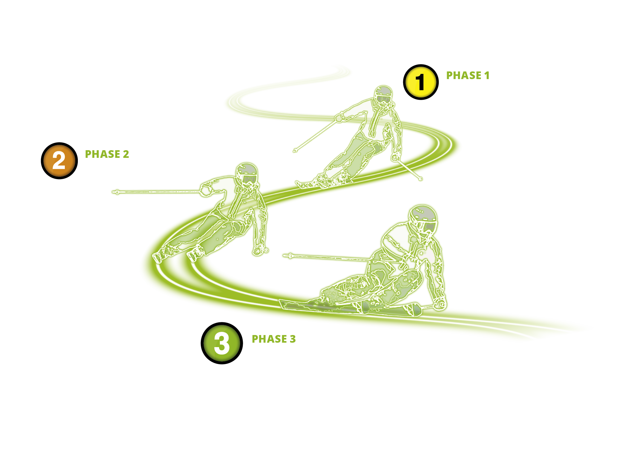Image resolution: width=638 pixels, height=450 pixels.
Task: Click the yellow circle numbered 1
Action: pos(421,82)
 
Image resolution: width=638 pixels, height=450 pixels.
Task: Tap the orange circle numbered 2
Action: pos(59,161)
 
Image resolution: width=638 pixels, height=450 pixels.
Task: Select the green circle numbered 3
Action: pos(222,343)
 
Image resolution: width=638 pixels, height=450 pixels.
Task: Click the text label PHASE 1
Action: pos(468,76)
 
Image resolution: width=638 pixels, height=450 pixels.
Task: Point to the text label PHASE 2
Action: pos(107,154)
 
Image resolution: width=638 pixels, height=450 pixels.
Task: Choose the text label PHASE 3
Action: pos(274,339)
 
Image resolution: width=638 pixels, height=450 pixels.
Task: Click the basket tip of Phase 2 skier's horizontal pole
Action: pos(117,192)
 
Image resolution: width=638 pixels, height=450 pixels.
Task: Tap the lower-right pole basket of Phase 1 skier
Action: pos(420,179)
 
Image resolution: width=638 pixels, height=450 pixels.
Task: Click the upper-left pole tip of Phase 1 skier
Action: pos(295,151)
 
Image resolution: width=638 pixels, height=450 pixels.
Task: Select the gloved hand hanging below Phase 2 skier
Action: pos(260,250)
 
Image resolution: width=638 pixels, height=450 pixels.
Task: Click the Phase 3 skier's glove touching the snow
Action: pos(440,304)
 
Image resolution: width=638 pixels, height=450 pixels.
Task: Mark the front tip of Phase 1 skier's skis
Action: pos(298,183)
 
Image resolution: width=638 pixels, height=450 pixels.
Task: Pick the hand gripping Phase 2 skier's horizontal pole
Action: pos(206,190)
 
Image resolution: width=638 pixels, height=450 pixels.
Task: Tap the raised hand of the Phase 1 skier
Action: pos(339,118)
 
